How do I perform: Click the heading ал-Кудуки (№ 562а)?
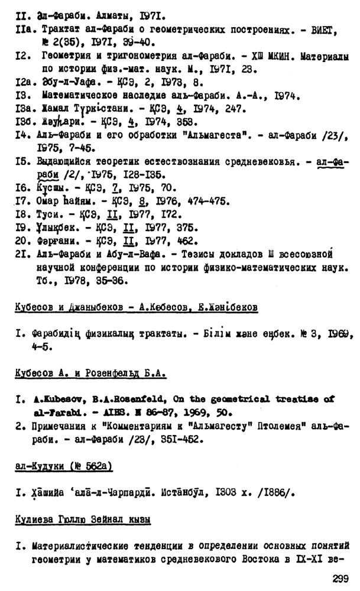click(x=64, y=467)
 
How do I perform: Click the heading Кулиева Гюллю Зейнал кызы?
click(x=83, y=520)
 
